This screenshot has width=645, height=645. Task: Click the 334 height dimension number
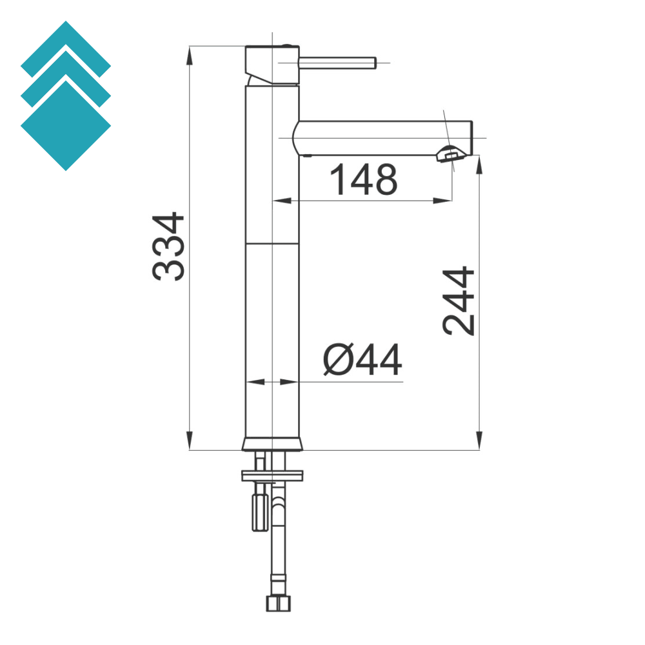pos(169,246)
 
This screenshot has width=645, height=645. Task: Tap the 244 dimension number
pos(459,301)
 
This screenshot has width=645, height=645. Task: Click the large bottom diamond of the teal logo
pos(66,126)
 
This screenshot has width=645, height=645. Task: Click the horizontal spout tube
pos(381,137)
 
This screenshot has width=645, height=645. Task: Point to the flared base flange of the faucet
pos(272,444)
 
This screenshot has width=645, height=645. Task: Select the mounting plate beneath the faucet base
pos(272,476)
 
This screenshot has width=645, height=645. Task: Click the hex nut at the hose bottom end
pos(278,603)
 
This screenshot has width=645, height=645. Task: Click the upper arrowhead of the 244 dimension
pos(479,165)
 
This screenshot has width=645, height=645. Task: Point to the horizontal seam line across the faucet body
pos(272,244)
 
